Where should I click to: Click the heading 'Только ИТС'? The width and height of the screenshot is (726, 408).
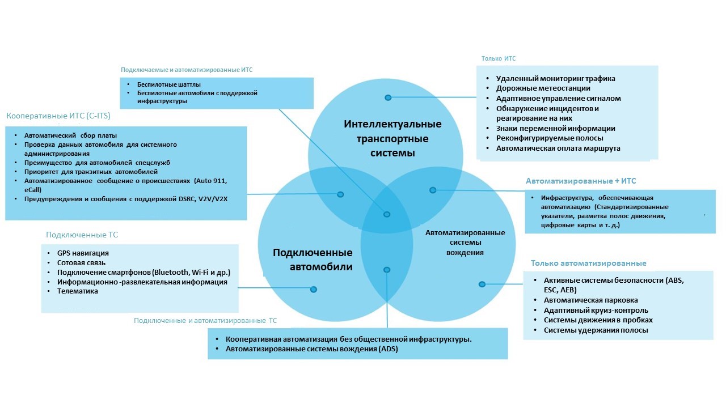click(x=498, y=58)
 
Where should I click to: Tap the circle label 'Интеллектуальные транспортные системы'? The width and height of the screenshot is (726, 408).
click(x=392, y=139)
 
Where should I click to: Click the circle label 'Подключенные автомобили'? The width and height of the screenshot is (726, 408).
click(x=313, y=260)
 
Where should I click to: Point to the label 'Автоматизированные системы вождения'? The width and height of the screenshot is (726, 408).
click(x=465, y=243)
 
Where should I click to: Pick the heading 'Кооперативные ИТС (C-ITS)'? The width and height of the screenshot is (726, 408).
click(x=58, y=116)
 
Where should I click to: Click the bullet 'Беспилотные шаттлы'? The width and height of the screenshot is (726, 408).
click(x=161, y=85)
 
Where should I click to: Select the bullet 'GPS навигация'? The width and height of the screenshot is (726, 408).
click(x=83, y=253)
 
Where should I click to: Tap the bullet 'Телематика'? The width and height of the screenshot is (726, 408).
click(x=77, y=291)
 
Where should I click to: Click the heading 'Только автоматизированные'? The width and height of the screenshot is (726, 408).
click(x=588, y=263)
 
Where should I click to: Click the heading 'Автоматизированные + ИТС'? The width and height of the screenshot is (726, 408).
click(x=581, y=181)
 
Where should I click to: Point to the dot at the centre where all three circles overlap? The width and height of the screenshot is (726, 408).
click(x=387, y=214)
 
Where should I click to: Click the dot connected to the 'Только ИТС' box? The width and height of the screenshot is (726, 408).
click(x=388, y=97)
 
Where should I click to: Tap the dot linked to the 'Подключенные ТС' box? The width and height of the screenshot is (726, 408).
click(x=313, y=289)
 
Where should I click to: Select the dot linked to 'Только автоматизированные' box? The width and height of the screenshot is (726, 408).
click(x=482, y=284)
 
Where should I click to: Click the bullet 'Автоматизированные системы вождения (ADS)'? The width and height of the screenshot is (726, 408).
click(x=311, y=349)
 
